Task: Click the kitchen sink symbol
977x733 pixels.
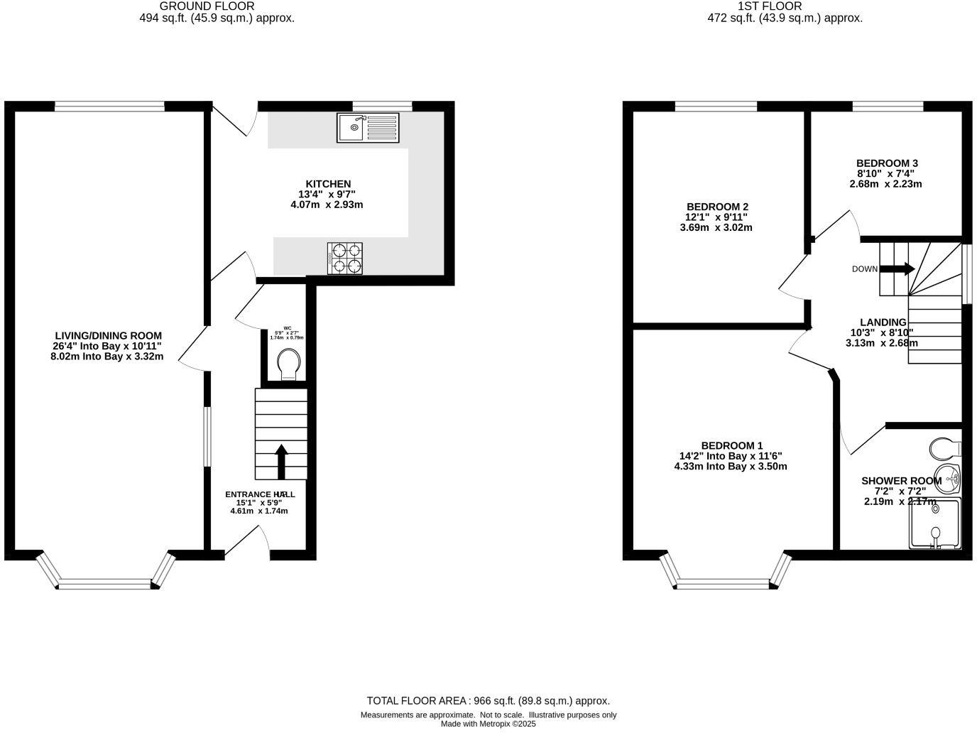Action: (368, 128)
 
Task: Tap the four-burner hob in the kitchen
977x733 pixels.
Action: (344, 258)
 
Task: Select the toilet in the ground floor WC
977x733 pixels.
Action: (288, 364)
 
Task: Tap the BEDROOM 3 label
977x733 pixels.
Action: (887, 163)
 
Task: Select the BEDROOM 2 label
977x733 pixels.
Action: (716, 207)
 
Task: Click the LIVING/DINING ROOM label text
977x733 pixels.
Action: (109, 335)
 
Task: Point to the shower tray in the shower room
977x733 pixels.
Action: (935, 524)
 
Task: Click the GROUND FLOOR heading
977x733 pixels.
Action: (217, 6)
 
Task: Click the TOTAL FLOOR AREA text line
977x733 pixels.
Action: (488, 700)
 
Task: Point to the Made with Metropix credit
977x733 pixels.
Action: (488, 724)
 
